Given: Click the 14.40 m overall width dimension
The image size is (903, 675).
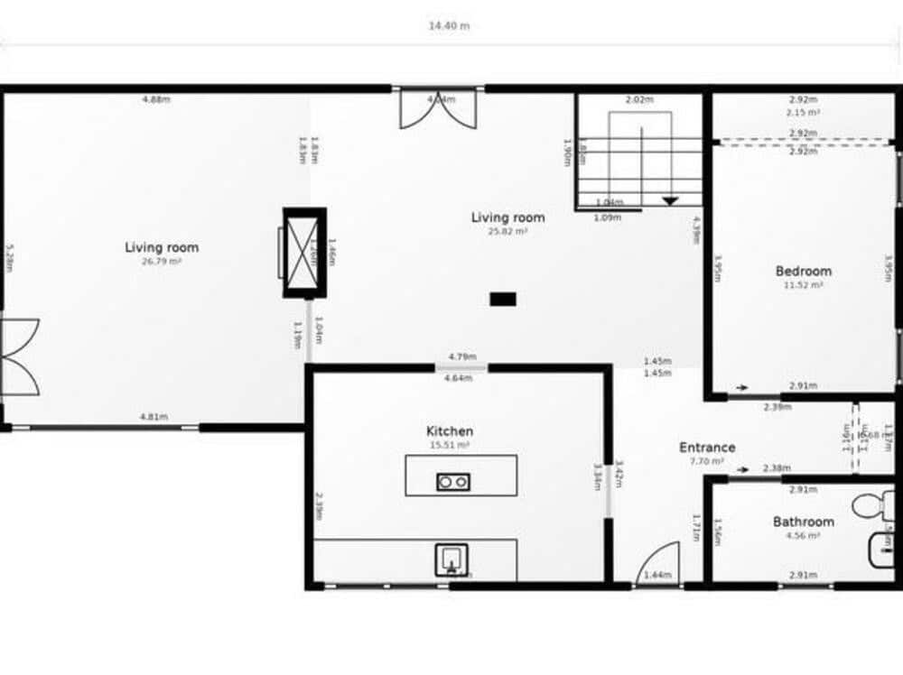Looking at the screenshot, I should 449,25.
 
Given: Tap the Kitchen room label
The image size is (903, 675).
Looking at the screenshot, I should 450,431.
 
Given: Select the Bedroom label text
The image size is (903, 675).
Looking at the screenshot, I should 803,271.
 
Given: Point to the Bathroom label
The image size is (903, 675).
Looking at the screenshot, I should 803,522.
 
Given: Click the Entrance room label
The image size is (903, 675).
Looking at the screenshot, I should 707,447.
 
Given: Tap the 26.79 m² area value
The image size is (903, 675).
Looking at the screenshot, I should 162,262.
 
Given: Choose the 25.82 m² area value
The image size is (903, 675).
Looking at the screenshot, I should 508,231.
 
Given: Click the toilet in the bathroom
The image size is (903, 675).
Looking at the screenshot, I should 870,504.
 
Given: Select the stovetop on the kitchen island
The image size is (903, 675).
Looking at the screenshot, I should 452,482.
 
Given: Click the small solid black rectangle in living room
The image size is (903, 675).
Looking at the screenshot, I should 503,299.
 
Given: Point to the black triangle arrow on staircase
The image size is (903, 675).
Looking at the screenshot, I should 670,200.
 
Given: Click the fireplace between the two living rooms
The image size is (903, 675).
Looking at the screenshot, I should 303,253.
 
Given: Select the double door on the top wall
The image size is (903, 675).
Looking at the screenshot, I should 436,110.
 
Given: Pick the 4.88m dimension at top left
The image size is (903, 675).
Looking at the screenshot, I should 155,99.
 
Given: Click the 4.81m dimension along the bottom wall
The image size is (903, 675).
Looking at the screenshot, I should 154,417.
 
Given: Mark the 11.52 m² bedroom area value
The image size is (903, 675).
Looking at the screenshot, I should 803,285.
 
